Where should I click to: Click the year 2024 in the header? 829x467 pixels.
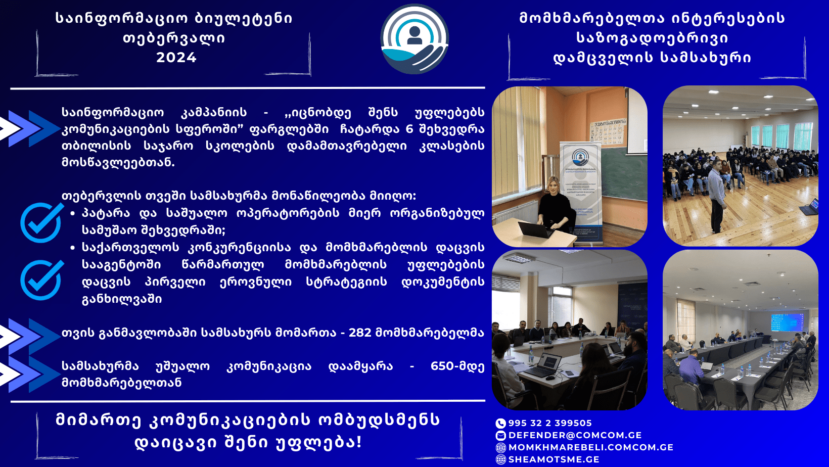pos(176,58)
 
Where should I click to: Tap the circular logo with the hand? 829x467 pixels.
pos(414,39)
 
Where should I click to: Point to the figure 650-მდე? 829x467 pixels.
pos(457,366)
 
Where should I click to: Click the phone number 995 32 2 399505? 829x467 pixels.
pos(550,423)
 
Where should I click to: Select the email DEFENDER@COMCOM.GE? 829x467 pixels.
pos(575,435)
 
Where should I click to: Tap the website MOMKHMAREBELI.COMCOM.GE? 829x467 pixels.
pos(590,447)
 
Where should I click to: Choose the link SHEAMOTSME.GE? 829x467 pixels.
pos(554,459)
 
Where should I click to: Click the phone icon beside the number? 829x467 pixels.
pos(500,424)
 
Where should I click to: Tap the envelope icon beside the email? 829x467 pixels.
pos(500,436)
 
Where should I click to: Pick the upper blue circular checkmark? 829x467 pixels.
pos(41,222)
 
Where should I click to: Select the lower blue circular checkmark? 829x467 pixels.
pos(41,280)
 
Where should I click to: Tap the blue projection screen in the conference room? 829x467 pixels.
pos(787,322)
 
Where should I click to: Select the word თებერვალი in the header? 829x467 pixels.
pos(174,38)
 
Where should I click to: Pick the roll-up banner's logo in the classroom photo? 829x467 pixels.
pos(580,158)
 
